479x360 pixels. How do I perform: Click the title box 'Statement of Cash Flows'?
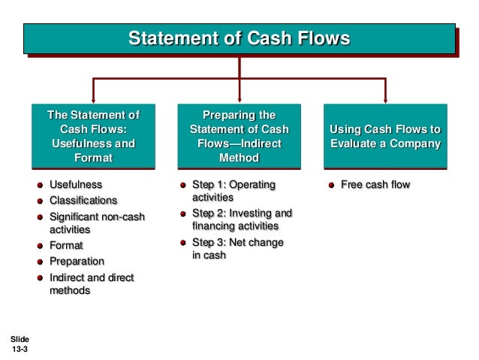pos(239,38)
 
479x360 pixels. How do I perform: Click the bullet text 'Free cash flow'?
pos(375,184)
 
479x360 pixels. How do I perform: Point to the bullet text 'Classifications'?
pos(83,201)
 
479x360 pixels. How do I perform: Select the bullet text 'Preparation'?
pos(77,262)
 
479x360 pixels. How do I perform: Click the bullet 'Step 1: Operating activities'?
pos(233,191)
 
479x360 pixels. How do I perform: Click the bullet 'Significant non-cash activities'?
pos(97,223)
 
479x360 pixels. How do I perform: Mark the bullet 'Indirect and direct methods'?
pos(91,284)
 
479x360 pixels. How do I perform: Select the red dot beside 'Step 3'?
pos(182,243)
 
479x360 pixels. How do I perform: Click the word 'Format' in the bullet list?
pos(66,246)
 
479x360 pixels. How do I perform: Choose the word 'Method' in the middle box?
pos(239,158)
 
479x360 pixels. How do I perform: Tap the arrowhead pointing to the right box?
pos(384,99)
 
